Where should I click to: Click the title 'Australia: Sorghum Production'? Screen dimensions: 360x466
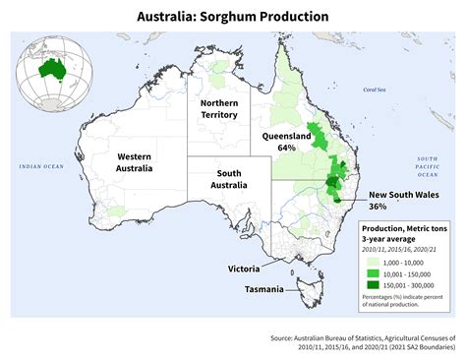(x=233, y=17)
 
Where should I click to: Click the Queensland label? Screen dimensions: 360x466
(x=287, y=136)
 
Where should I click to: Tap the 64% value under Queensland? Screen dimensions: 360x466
(x=287, y=148)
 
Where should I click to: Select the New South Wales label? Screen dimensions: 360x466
(x=404, y=194)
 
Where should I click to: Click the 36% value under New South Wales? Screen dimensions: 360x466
(x=378, y=207)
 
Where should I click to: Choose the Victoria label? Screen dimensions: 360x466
(x=244, y=268)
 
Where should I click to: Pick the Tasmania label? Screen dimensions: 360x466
(x=264, y=289)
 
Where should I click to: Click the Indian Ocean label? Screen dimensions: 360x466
(x=40, y=166)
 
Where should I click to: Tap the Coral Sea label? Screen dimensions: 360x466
(x=375, y=90)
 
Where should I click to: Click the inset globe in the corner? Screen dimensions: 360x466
(x=52, y=72)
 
